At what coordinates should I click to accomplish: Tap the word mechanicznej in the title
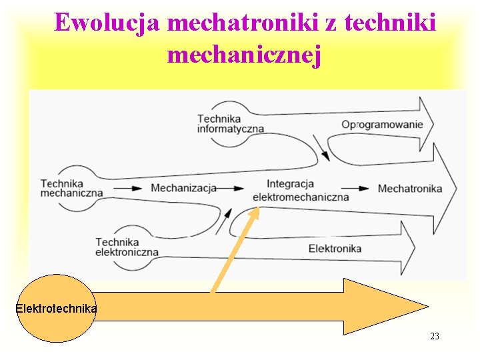[x=245, y=55]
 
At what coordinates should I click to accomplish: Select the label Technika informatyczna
[x=230, y=123]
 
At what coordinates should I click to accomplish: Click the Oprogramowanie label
[x=382, y=124]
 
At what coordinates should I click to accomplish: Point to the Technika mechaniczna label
[x=71, y=188]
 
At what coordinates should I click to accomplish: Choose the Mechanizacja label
[x=183, y=188]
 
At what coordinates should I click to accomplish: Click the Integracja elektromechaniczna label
[x=301, y=190]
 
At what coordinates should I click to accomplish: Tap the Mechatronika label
[x=409, y=189]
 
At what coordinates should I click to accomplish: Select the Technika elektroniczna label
[x=127, y=247]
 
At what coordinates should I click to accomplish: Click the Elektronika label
[x=335, y=249]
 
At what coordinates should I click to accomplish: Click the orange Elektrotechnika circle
[x=56, y=309]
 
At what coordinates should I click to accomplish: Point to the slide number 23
[x=435, y=336]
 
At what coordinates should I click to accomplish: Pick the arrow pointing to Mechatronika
[x=359, y=189]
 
